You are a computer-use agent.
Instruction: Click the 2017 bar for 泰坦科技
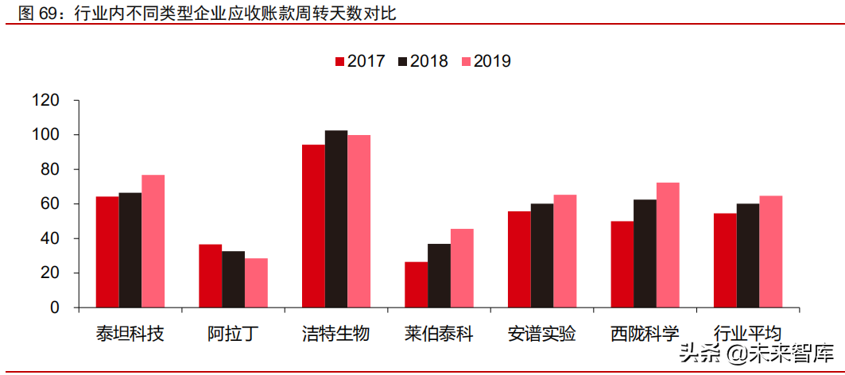coord(107,252)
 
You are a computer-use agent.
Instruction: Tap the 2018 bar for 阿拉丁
coord(233,279)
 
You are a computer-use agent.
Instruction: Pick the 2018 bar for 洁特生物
coord(336,218)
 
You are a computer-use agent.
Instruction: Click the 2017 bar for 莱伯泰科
coord(416,284)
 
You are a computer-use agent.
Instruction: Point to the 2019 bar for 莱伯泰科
coord(462,268)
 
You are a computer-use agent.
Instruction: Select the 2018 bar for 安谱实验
coord(542,255)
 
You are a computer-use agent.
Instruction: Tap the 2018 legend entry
coord(423,61)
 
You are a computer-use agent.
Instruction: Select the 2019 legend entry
coord(486,61)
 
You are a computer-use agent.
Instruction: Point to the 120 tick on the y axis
coord(46,101)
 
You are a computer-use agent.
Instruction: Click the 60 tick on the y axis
coord(50,204)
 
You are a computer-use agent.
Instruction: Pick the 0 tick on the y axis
coord(55,307)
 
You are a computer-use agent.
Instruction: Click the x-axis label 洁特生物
coord(336,333)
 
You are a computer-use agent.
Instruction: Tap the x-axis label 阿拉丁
coord(233,333)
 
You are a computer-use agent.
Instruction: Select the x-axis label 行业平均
coord(748,333)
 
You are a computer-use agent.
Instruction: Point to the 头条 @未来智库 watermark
coord(755,354)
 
